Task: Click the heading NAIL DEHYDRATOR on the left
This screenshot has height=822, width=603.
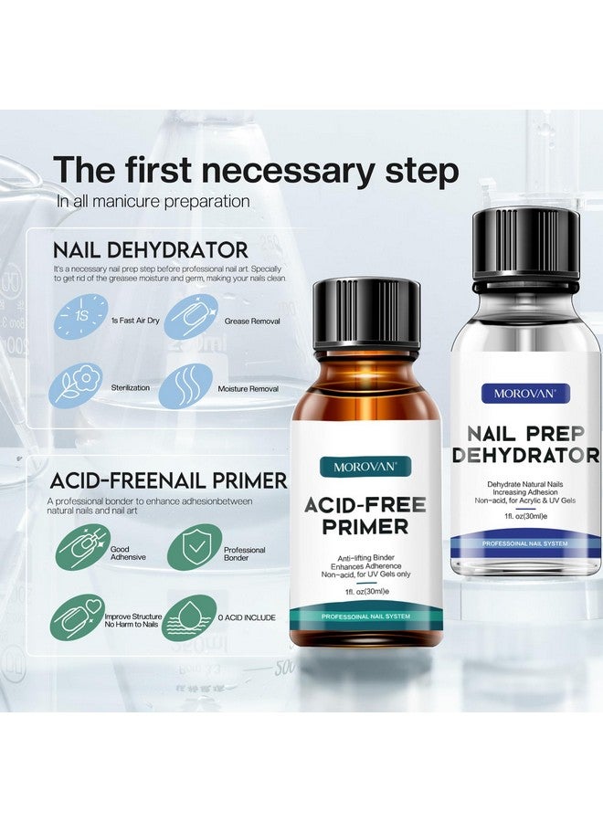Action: [x=150, y=249]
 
